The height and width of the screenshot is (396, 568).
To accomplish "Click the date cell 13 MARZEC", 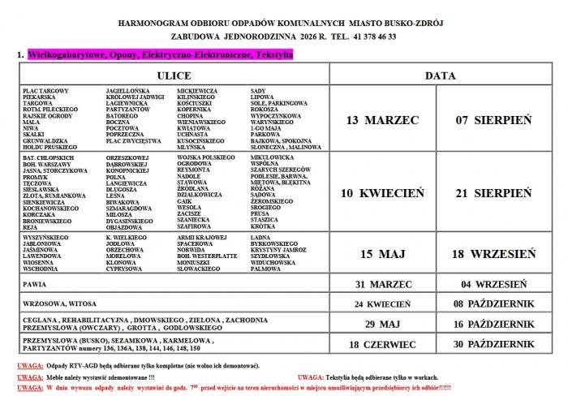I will [x=381, y=119].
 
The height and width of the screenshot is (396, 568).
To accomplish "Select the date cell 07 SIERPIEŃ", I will [x=494, y=119].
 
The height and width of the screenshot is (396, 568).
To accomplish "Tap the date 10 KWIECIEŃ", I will [x=381, y=193].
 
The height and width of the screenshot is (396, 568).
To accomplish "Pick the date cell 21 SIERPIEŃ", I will [x=494, y=193].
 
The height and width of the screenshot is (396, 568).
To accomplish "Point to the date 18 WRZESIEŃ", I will [x=494, y=254].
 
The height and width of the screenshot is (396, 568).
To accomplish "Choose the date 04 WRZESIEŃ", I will [x=494, y=285].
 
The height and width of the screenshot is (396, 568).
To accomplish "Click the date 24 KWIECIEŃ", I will [x=381, y=303].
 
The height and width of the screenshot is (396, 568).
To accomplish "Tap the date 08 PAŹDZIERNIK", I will [x=494, y=303].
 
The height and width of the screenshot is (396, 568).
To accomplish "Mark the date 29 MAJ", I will [x=381, y=323].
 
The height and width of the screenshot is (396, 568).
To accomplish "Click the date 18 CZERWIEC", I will [x=381, y=343].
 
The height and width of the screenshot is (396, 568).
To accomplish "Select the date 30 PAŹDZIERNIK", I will [x=494, y=343].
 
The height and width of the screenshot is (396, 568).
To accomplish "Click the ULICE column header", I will [x=173, y=74].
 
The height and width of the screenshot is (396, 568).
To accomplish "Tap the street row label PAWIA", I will [x=34, y=285].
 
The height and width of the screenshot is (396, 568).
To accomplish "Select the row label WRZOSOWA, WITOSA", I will [x=55, y=303].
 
